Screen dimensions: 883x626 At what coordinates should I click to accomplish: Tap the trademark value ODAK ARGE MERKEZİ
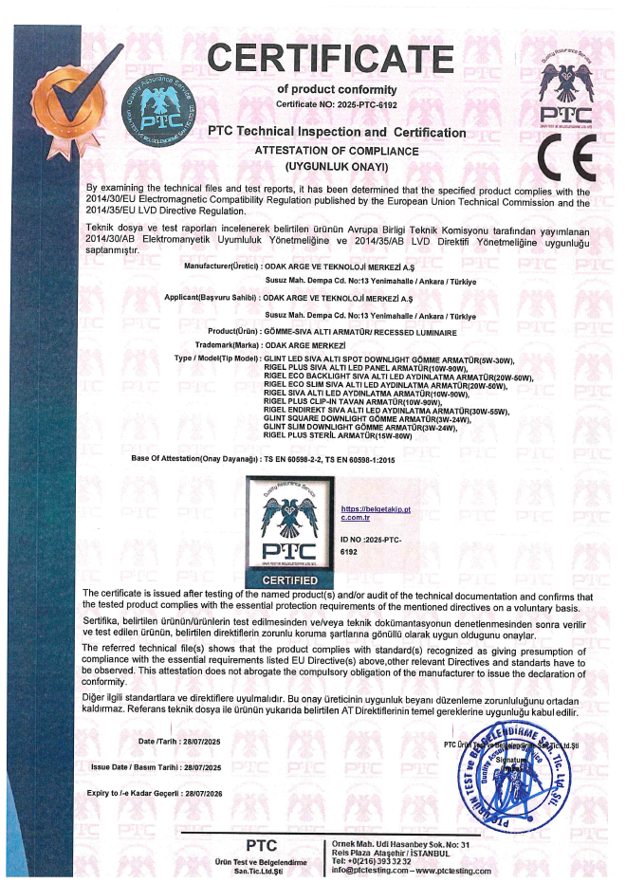coord(305,344)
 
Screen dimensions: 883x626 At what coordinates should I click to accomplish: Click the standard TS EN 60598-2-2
coord(292,458)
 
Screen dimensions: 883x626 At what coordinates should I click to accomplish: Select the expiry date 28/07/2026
coord(199,792)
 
